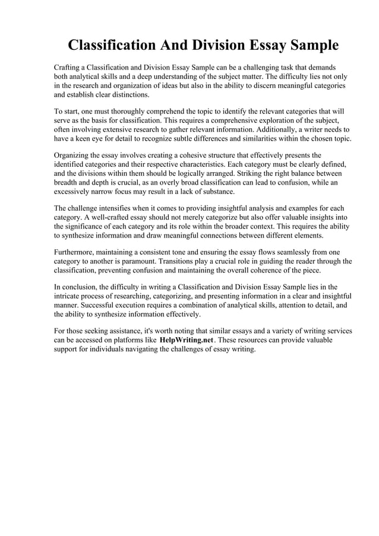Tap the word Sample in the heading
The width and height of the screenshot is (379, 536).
pyautogui.click(x=311, y=46)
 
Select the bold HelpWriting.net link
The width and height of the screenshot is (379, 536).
pyautogui.click(x=187, y=340)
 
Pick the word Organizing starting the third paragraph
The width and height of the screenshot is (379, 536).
pyautogui.click(x=74, y=155)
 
